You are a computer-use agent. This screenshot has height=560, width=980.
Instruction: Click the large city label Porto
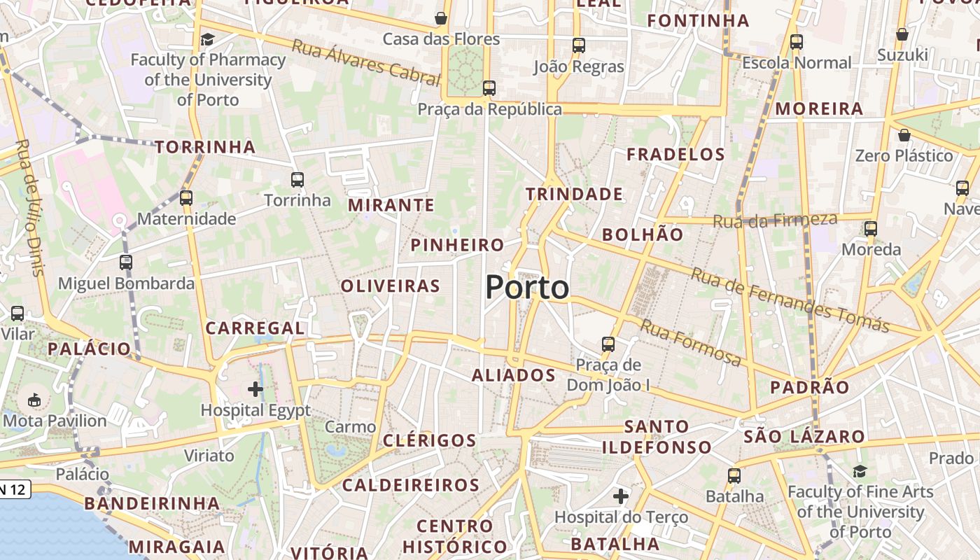[527, 288]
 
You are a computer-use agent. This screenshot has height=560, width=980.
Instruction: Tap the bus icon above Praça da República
[489, 88]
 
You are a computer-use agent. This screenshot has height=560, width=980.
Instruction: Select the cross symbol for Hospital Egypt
[255, 388]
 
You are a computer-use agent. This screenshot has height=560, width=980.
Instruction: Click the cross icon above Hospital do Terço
[621, 496]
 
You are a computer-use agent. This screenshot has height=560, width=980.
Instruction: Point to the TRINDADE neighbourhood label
[574, 194]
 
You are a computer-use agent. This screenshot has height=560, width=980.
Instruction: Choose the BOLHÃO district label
[643, 234]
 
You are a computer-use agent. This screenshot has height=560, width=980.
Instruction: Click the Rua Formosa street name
[690, 343]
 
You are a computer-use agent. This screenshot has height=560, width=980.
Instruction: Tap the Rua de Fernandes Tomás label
[790, 300]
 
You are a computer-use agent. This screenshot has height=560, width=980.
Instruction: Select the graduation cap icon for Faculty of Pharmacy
[207, 39]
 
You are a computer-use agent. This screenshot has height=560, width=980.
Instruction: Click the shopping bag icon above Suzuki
[902, 34]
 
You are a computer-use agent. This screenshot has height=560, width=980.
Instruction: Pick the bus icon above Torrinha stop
[297, 180]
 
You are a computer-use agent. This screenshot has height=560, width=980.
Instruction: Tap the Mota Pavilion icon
[34, 400]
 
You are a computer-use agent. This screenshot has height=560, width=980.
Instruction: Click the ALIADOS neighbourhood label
[514, 375]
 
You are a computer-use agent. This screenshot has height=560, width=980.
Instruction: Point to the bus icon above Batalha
[734, 476]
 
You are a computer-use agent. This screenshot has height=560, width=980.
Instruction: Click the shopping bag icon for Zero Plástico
[904, 135]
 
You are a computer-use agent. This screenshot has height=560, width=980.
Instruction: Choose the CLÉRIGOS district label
[430, 440]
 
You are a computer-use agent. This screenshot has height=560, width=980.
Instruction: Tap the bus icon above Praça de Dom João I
[608, 344]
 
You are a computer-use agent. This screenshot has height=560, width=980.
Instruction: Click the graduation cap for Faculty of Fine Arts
[860, 471]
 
